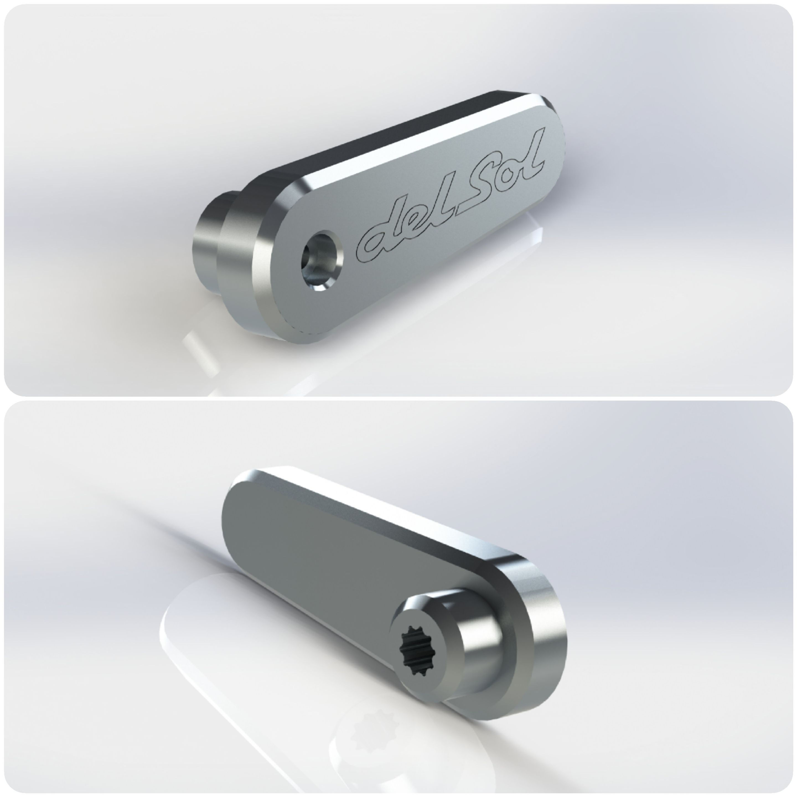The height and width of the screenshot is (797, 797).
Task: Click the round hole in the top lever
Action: (319, 260)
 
